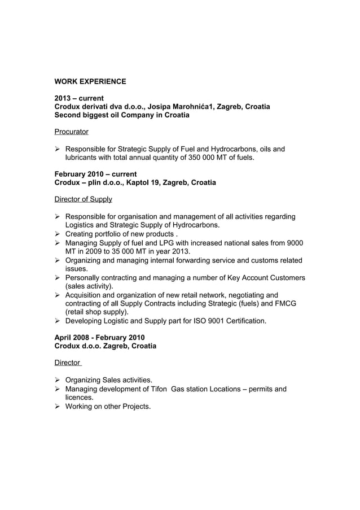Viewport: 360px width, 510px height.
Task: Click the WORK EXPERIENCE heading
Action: click(x=90, y=82)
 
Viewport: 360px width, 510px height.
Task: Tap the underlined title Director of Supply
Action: click(x=83, y=199)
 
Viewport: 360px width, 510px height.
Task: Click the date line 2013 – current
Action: click(x=78, y=98)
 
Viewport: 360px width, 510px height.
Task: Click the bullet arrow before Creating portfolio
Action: click(x=58, y=234)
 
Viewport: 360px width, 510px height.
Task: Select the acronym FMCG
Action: click(x=286, y=303)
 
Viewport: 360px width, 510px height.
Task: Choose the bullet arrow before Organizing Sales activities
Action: click(x=58, y=380)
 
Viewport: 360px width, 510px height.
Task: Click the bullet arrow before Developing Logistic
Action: click(x=58, y=321)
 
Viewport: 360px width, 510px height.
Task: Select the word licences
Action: click(x=80, y=397)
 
